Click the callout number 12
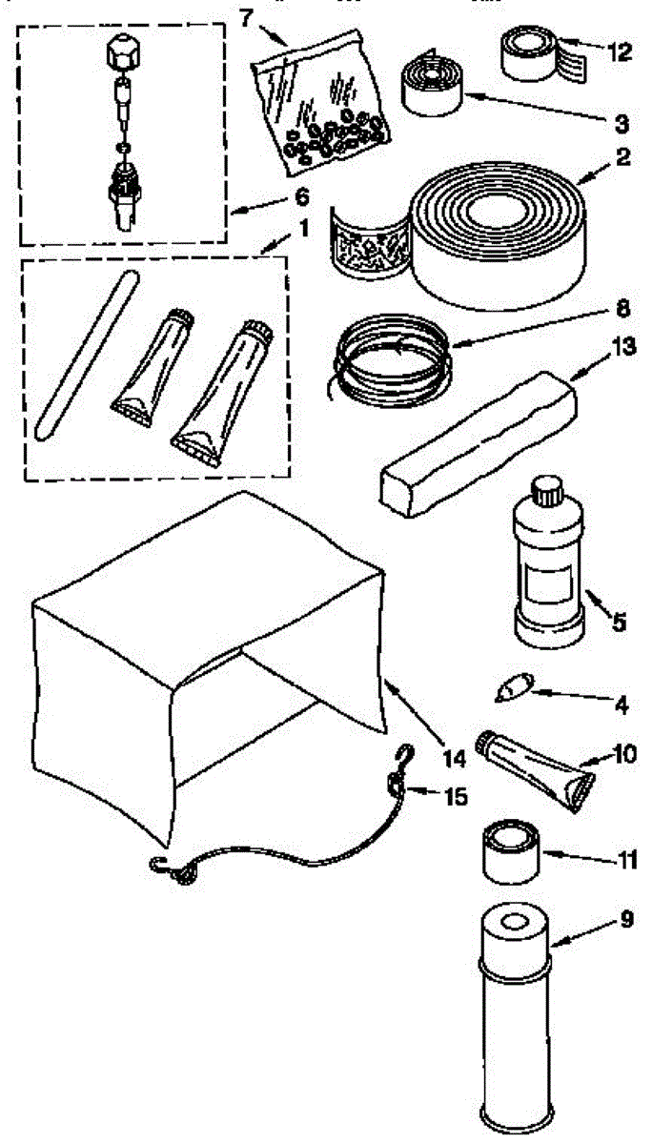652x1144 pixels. click(620, 51)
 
